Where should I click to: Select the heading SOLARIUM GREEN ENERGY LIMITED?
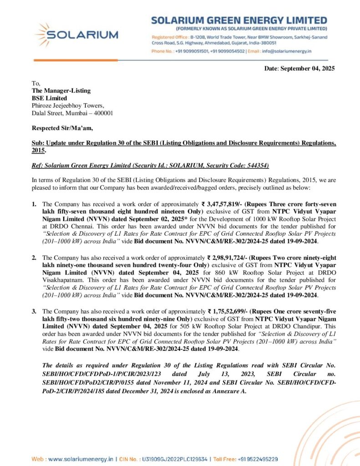pyautogui.click(x=239, y=20)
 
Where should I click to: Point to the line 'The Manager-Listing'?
pyautogui.click(x=61, y=91)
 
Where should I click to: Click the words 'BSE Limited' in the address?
pyautogui.click(x=49, y=98)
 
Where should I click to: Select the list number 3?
pyautogui.click(x=34, y=312)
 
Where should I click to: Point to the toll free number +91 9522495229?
pyautogui.click(x=258, y=459)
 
